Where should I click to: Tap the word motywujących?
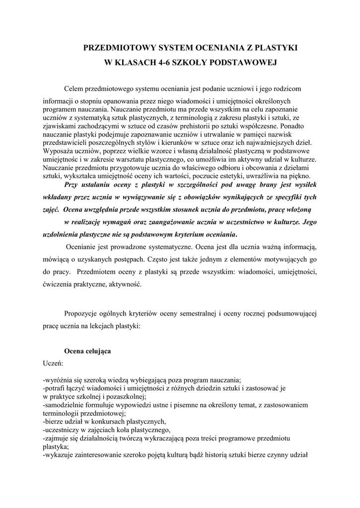279,259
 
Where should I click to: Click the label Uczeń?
53,363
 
